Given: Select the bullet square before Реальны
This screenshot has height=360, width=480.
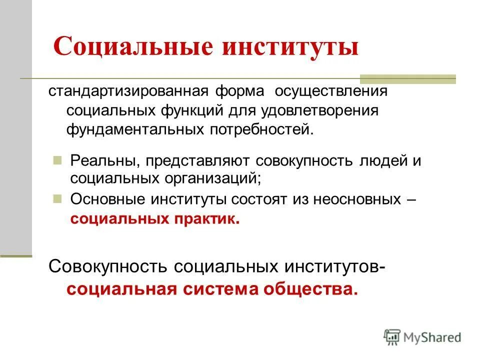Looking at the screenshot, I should click(57, 160).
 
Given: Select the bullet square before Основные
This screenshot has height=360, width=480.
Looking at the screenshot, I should click(57, 198).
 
